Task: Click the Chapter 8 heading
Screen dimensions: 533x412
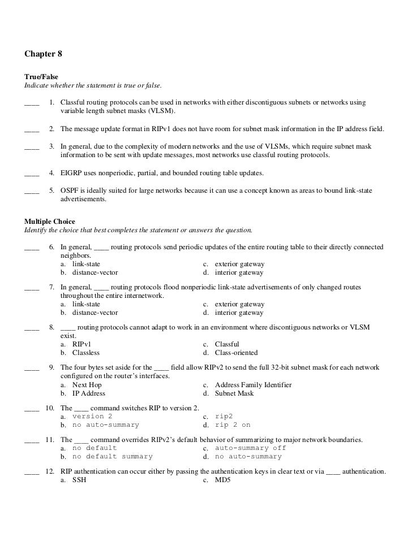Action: (x=43, y=54)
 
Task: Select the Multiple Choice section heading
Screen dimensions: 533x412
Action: (x=50, y=222)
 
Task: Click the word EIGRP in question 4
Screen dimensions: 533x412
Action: (x=72, y=172)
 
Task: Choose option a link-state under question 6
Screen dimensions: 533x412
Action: (x=86, y=264)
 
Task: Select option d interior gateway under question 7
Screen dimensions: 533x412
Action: (x=239, y=313)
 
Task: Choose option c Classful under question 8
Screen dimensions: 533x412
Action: (x=227, y=344)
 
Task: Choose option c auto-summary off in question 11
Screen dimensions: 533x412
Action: (x=250, y=448)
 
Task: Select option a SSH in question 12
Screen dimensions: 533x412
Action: (x=79, y=480)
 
